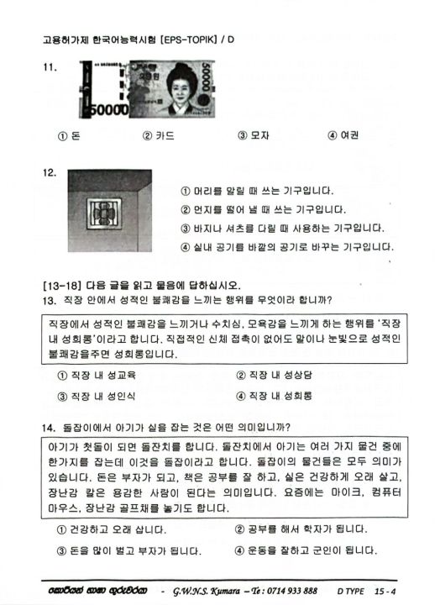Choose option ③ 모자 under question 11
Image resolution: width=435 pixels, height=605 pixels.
[x=253, y=135]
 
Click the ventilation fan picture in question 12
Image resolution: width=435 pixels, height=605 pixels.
[x=105, y=214]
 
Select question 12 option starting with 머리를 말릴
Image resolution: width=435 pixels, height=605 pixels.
[x=257, y=192]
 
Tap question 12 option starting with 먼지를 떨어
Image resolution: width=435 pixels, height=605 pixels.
[x=263, y=210]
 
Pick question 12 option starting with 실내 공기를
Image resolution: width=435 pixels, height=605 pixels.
[x=286, y=247]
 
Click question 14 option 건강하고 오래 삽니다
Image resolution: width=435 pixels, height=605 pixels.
[x=110, y=530]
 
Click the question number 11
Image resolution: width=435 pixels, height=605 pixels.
[x=48, y=70]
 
